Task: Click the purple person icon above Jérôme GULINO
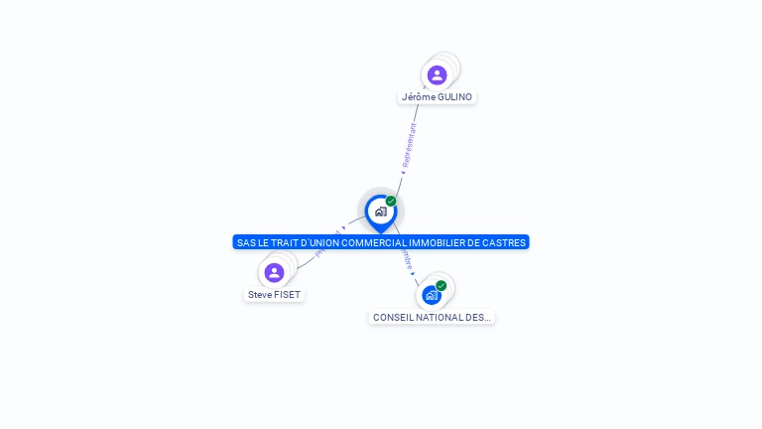(x=437, y=74)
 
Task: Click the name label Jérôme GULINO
(x=437, y=97)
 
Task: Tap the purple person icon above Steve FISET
(x=274, y=272)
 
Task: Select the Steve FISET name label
(x=274, y=295)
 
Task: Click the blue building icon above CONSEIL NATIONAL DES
(x=431, y=295)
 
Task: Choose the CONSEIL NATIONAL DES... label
(x=432, y=318)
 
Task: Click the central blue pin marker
(x=380, y=212)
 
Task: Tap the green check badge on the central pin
(x=391, y=202)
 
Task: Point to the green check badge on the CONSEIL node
(x=442, y=286)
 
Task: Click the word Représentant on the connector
(x=408, y=145)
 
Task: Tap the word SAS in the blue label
(x=246, y=242)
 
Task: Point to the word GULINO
(x=454, y=97)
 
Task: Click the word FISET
(x=288, y=295)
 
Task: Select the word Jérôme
(x=418, y=97)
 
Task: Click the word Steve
(x=260, y=295)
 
